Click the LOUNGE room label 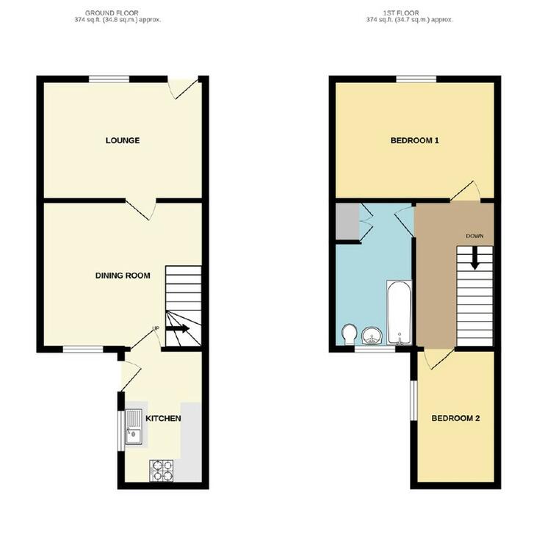coord(123,140)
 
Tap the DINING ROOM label coord(123,275)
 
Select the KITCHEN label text coord(163,418)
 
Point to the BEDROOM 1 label coord(414,140)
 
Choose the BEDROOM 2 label coord(455,418)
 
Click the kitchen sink coord(134,426)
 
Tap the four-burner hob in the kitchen coord(162,471)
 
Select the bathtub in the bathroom coord(399,312)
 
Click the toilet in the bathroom coord(350,334)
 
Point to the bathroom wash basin coord(371,336)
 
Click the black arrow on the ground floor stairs coord(178,328)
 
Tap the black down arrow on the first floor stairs coord(475,259)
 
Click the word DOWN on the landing coord(475,236)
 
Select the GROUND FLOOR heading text coord(112,13)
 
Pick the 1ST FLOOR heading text coord(401,13)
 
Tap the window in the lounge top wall coord(109,79)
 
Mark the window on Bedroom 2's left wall coord(414,400)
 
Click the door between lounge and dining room coord(141,209)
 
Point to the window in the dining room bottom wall coord(83,350)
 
